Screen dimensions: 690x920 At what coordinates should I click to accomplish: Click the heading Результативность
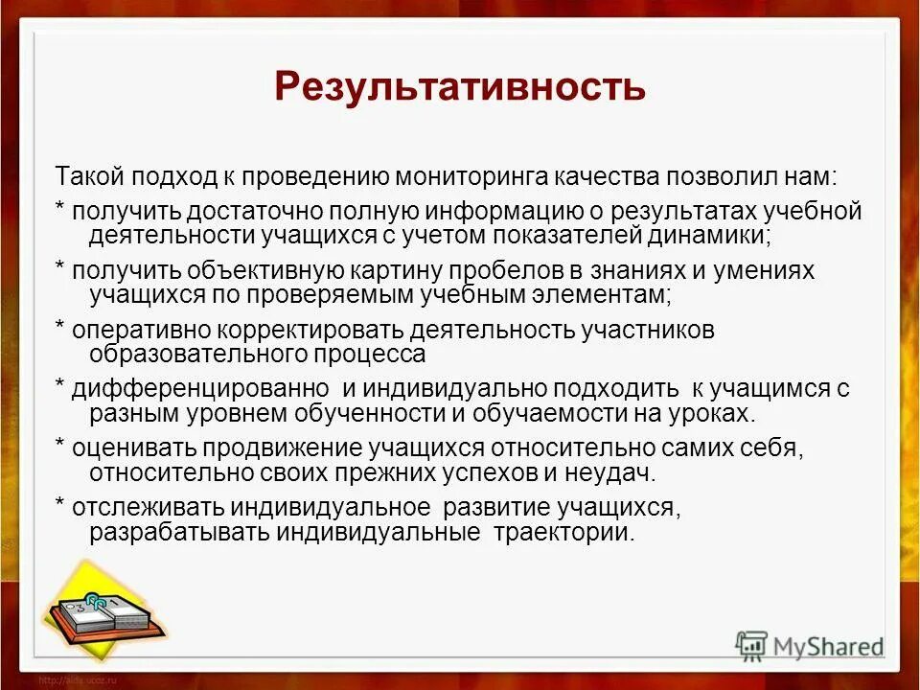point(460,86)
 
